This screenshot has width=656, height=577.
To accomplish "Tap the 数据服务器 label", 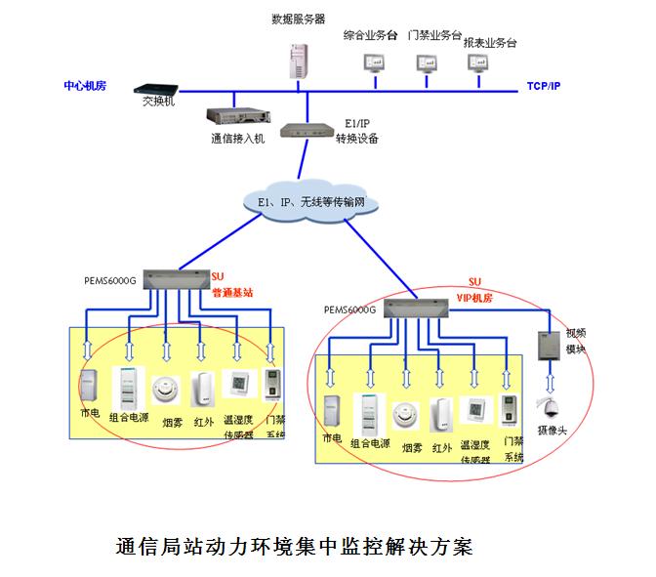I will coord(298,19).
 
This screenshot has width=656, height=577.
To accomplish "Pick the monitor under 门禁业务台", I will coord(427,62).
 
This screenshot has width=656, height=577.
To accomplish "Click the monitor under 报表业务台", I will coord(478,62).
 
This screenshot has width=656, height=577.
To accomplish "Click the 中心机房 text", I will coord(85,86).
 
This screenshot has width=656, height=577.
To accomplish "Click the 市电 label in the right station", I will coord(331,440).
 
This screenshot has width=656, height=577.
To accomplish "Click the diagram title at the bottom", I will coord(293,545).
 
